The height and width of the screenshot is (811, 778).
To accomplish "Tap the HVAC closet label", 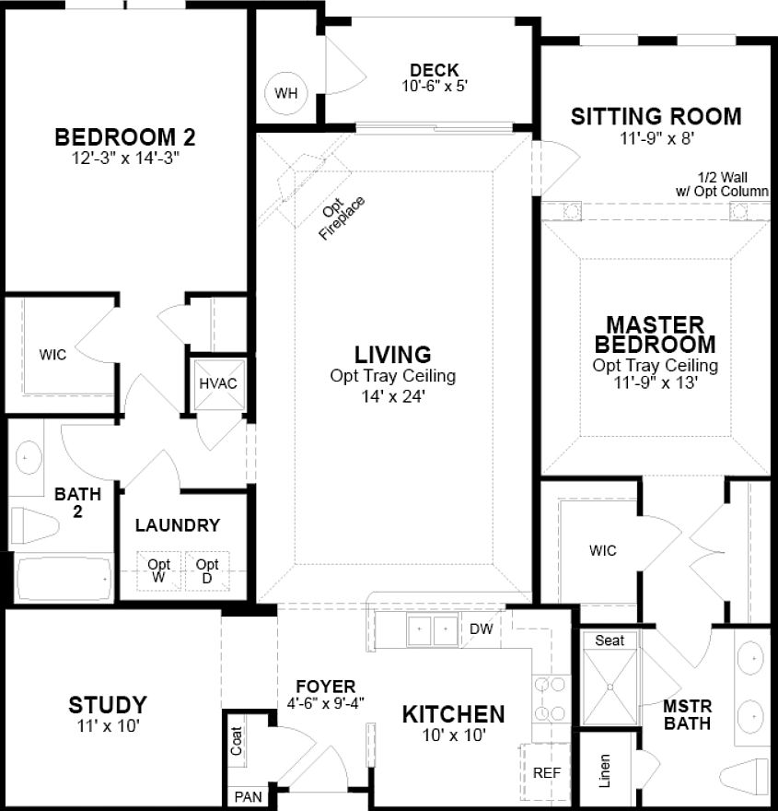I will (219, 383).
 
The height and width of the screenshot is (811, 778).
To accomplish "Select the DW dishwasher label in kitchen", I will (481, 629).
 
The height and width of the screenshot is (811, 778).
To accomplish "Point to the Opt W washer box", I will (159, 570).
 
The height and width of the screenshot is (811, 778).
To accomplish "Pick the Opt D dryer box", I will (207, 570).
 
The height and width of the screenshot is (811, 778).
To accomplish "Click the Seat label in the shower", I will (610, 640).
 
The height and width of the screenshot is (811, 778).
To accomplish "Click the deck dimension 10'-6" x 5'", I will (435, 87).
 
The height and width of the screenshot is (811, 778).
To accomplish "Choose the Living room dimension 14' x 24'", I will (393, 398).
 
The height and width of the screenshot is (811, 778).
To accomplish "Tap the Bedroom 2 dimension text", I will (125, 158).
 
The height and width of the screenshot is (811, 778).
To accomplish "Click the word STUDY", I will (108, 705).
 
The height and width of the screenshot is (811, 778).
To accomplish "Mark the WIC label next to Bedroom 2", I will (52, 354).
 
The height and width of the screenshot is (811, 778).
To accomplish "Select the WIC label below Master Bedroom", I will (603, 551).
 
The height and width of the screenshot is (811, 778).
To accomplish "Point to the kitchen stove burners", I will (551, 699).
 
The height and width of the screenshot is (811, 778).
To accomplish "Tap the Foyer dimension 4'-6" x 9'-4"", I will (326, 703).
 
